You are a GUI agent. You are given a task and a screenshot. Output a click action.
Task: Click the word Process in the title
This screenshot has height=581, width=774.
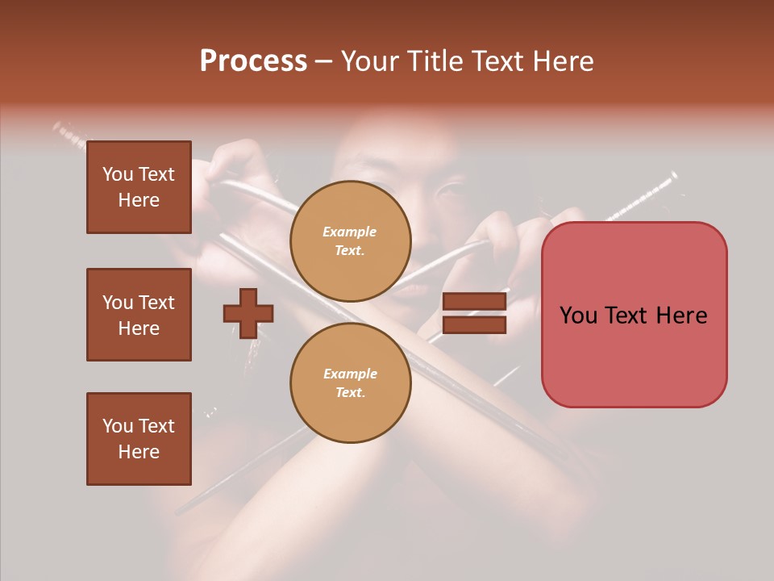[x=253, y=61]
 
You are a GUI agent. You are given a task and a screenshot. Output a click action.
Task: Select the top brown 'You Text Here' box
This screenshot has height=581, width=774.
[x=139, y=187]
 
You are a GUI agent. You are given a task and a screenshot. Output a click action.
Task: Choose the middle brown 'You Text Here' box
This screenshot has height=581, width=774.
[x=139, y=315]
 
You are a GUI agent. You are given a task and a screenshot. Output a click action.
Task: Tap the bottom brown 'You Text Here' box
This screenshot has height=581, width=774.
[x=139, y=438]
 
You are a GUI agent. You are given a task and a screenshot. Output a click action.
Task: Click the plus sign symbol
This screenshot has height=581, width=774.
[x=248, y=313]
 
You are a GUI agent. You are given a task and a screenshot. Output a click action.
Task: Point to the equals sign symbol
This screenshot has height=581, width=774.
[x=474, y=313]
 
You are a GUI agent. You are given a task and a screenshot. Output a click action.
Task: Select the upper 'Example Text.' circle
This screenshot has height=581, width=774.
[x=350, y=241]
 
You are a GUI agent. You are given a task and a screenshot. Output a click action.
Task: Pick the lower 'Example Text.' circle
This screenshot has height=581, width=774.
[x=350, y=383]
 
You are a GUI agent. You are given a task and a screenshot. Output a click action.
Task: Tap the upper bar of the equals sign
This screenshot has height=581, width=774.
[x=474, y=302]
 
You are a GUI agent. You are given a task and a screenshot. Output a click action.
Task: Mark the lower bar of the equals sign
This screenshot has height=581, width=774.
[x=474, y=324]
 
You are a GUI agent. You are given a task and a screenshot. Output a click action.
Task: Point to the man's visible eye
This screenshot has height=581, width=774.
[x=446, y=191]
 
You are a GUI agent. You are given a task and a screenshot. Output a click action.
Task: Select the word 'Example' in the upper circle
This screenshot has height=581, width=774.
[x=350, y=232]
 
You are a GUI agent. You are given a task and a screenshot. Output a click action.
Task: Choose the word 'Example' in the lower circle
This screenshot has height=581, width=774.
[x=350, y=374]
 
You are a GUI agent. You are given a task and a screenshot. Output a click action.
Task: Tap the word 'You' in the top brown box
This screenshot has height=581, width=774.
[x=118, y=174]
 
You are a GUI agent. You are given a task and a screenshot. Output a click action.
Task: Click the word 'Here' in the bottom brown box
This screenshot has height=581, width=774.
[x=139, y=452]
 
